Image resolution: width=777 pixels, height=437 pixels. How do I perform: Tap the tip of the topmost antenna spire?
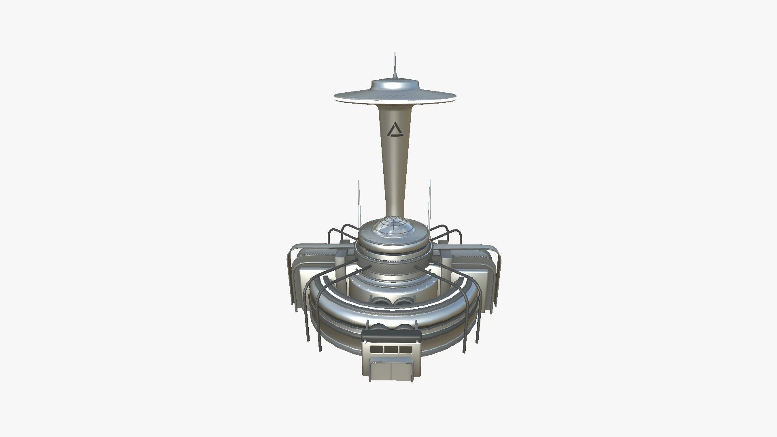395,53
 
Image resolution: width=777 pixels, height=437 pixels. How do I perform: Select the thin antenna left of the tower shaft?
359,202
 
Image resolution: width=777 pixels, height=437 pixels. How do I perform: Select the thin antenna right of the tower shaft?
430,202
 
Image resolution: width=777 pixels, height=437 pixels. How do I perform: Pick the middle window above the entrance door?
391,349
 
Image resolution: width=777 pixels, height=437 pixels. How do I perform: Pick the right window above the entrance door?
405,349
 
